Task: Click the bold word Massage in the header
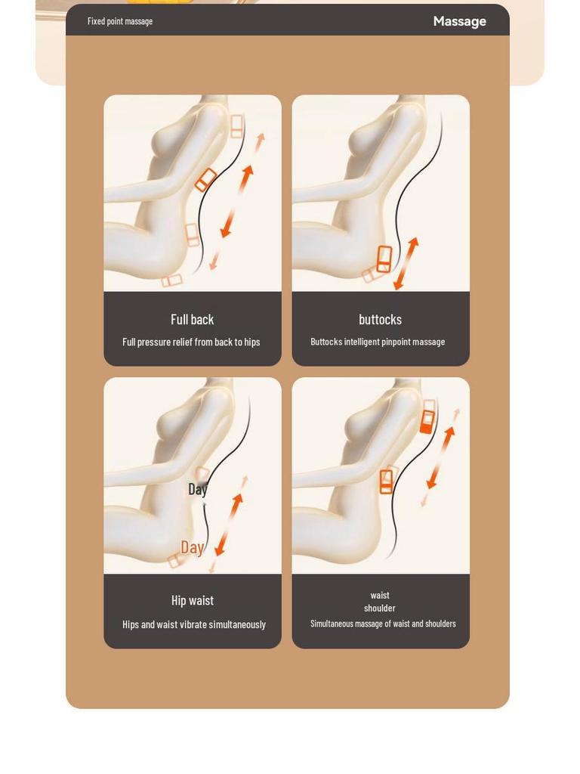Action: coord(459,21)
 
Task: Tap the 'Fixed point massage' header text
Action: coord(120,21)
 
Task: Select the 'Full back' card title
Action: coord(192,319)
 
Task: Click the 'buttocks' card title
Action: coord(380,319)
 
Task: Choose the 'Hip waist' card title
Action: coord(192,600)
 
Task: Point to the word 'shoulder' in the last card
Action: coord(379,608)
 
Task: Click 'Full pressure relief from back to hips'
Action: coord(191,342)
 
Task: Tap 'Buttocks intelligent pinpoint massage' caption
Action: coord(378,342)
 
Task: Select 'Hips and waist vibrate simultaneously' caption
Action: coord(194,624)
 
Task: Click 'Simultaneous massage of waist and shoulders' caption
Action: coord(383,624)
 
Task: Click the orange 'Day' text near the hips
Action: coord(192,547)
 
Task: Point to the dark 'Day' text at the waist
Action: coord(197,489)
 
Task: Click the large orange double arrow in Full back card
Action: coord(236,201)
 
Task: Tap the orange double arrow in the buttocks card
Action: coord(406,264)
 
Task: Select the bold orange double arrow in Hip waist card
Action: coord(229,525)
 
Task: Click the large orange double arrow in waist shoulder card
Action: coord(440,457)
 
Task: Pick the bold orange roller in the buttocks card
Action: coord(384,259)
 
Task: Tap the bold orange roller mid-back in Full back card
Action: coord(205,180)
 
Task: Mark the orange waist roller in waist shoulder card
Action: coord(387,481)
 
